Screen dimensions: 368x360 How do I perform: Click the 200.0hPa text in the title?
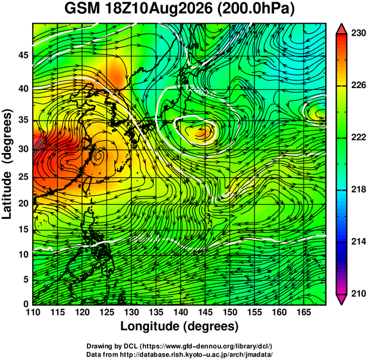256,10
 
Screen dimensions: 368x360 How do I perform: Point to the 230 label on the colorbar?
358,33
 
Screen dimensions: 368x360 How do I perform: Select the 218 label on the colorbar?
358,189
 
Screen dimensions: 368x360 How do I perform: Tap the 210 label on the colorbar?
358,293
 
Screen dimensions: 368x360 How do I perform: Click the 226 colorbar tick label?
358,85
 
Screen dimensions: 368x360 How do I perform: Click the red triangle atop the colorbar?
341,29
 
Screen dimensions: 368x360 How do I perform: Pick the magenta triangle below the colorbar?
341,299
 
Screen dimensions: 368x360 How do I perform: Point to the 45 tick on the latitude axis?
23,56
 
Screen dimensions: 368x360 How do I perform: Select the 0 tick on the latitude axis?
26,304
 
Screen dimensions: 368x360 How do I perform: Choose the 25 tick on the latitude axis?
23,177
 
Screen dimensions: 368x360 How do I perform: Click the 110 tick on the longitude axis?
33,312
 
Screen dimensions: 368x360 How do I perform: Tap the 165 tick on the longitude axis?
304,312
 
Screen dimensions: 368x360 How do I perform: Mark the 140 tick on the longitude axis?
181,312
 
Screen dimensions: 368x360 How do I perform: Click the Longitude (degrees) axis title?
180,327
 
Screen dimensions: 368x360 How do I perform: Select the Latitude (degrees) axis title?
7,165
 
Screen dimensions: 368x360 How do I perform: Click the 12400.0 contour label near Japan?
200,92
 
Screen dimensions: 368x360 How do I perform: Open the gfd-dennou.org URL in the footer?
206,346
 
